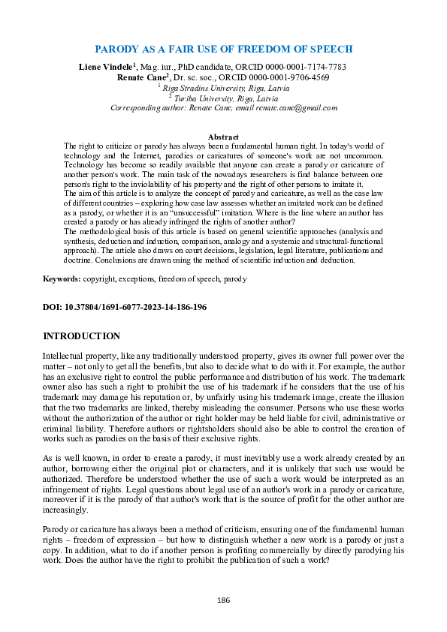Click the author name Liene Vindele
pyautogui.click(x=107, y=67)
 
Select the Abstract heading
pyautogui.click(x=223, y=137)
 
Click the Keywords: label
pyautogui.click(x=62, y=278)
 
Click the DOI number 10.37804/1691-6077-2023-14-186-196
pyautogui.click(x=140, y=307)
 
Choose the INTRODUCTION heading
pyautogui.click(x=81, y=336)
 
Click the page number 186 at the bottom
pyautogui.click(x=223, y=600)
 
